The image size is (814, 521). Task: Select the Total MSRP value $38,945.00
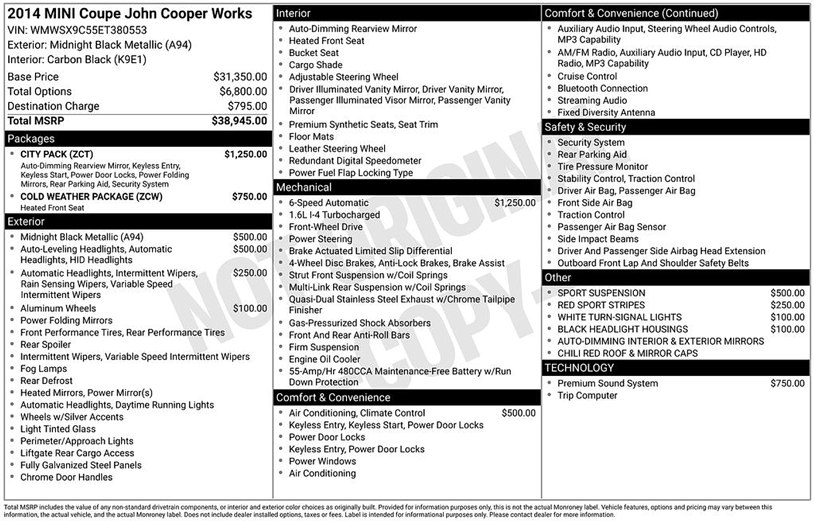tap(239, 121)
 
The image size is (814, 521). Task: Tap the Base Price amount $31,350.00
tap(240, 77)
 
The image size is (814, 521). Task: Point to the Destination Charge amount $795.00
tap(247, 106)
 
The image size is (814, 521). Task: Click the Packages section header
tap(31, 139)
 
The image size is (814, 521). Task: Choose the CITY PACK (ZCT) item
tap(56, 154)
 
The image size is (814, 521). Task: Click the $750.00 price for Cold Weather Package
tap(249, 197)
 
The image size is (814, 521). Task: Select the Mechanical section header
tap(304, 187)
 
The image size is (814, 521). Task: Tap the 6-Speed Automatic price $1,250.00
tap(515, 203)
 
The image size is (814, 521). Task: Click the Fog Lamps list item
tap(43, 369)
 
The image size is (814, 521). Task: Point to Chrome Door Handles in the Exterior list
tap(66, 477)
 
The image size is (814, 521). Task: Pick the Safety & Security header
tap(585, 127)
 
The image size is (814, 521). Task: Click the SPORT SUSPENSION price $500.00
tap(787, 293)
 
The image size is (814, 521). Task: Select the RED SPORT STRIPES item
tap(601, 305)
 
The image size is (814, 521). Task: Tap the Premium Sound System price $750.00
tap(787, 383)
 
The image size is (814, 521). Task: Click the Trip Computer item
tap(587, 396)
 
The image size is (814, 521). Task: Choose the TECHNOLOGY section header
tap(579, 368)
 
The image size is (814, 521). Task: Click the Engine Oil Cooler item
tap(324, 359)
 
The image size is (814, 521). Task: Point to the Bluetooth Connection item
tap(602, 89)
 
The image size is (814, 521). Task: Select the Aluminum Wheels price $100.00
tap(250, 308)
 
